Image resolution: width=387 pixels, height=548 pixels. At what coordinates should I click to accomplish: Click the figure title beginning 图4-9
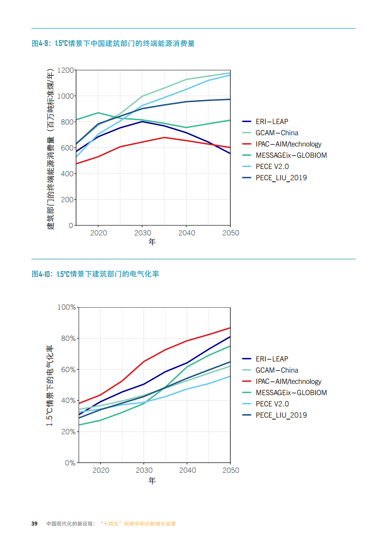(113, 43)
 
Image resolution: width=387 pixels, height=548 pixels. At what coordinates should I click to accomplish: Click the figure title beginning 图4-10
(96, 274)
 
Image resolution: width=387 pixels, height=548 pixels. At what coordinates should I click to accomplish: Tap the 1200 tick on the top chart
(65, 70)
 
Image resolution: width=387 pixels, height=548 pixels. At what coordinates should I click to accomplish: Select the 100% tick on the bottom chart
(67, 307)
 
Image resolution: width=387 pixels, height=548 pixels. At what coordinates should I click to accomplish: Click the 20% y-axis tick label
(69, 432)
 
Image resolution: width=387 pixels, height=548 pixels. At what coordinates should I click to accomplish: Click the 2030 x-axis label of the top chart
(142, 233)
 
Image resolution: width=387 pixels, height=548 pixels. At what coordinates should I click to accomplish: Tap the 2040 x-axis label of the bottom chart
(187, 470)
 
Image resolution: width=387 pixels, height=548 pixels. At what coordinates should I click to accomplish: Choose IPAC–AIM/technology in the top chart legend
(288, 144)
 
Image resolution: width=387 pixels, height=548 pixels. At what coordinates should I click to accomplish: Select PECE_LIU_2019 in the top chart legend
(281, 178)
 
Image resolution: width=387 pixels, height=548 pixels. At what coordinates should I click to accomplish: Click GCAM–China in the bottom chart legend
(277, 370)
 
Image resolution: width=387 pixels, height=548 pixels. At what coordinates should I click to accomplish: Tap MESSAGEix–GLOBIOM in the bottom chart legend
(291, 393)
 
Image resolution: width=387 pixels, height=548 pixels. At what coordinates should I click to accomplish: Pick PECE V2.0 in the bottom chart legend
(272, 404)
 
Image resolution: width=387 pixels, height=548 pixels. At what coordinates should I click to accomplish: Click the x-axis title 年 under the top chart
(152, 242)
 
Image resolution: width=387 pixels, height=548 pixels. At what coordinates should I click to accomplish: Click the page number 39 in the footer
(34, 524)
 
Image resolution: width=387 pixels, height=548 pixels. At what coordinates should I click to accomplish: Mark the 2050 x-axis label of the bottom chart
(231, 470)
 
